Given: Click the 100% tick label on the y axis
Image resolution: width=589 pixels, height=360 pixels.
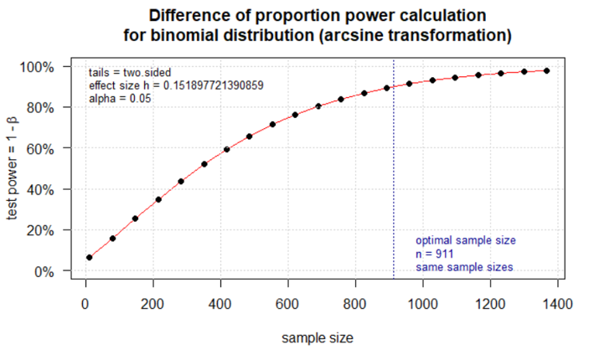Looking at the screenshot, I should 38,67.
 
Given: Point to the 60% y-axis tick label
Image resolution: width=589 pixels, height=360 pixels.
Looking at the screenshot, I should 41,148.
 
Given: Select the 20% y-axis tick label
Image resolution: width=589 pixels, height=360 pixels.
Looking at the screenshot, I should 41,230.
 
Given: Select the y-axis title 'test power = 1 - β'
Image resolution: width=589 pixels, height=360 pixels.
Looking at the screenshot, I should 13,168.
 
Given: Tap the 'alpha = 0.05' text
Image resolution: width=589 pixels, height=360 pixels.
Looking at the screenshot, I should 120,99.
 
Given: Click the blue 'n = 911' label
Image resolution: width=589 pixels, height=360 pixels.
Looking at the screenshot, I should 436,253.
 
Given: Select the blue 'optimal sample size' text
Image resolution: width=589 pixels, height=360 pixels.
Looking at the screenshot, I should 466,239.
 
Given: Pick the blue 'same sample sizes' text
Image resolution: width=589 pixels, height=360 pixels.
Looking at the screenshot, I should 464,266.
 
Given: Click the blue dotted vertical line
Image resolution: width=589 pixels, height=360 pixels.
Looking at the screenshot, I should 394,167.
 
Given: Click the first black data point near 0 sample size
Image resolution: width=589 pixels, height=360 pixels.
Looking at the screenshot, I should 89,257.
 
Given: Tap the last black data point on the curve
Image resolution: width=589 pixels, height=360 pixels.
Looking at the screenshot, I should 546,70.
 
